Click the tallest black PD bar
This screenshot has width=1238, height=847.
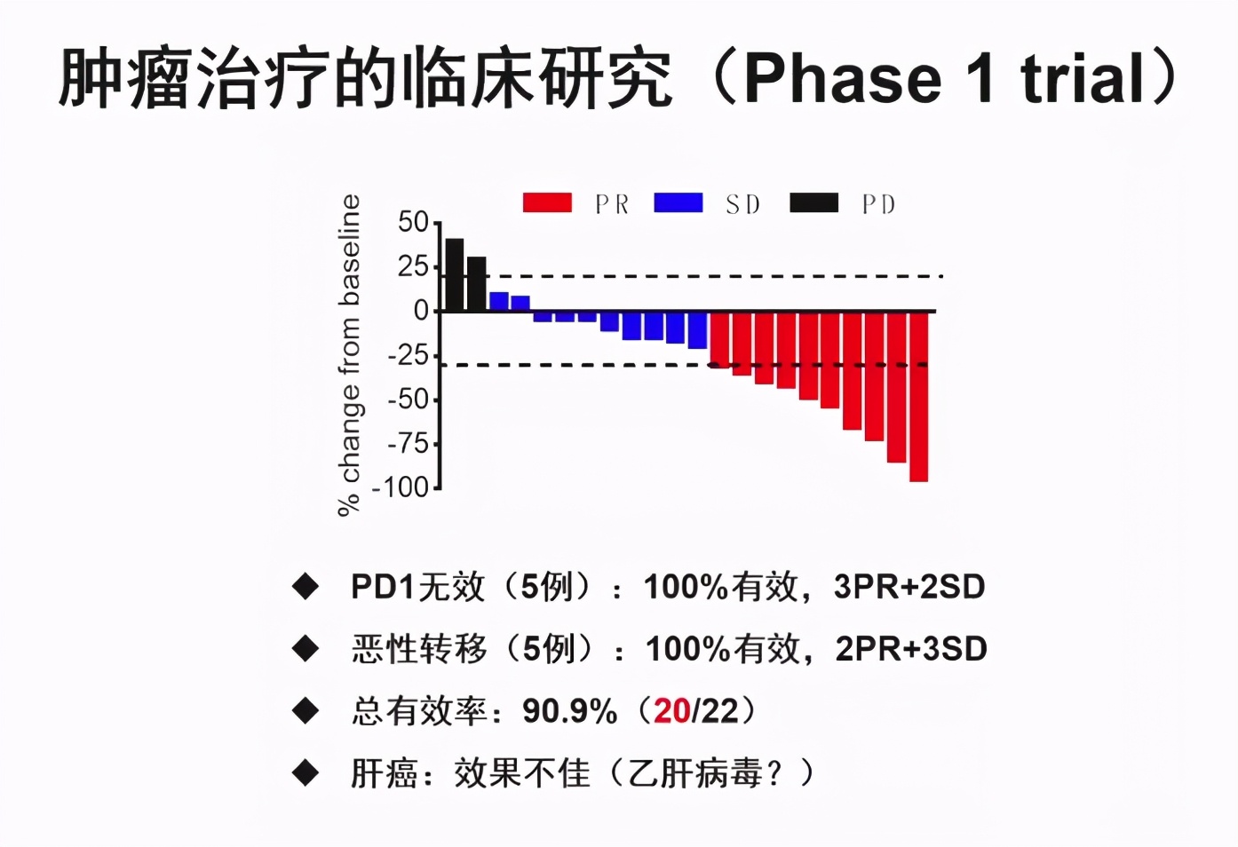[x=454, y=275]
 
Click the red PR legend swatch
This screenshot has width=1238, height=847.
[x=547, y=203]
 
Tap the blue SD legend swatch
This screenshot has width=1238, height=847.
[x=678, y=203]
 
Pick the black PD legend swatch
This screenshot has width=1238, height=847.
[x=813, y=203]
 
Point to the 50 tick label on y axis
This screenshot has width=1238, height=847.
[x=414, y=222]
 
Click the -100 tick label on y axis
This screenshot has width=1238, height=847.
[x=401, y=487]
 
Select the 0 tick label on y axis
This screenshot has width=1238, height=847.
[x=421, y=311]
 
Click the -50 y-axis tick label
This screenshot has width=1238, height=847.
[x=408, y=399]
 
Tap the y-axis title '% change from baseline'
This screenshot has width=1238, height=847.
[x=349, y=355]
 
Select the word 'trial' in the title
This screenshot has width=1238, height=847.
[x=1083, y=78]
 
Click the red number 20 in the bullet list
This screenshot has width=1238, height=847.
[x=672, y=711]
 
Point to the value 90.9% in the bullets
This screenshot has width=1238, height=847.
[x=569, y=711]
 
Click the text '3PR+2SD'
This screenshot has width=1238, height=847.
[x=909, y=587]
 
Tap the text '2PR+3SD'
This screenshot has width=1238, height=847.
[x=910, y=649]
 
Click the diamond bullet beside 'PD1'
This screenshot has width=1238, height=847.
[x=306, y=587]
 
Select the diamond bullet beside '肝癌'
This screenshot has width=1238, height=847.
[x=306, y=773]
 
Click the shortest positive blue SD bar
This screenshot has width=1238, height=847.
[x=520, y=304]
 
